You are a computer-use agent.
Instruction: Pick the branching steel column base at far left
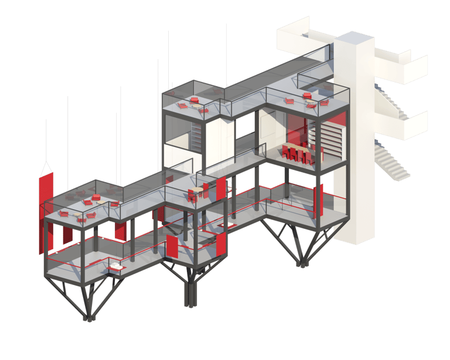(x=88, y=299)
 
